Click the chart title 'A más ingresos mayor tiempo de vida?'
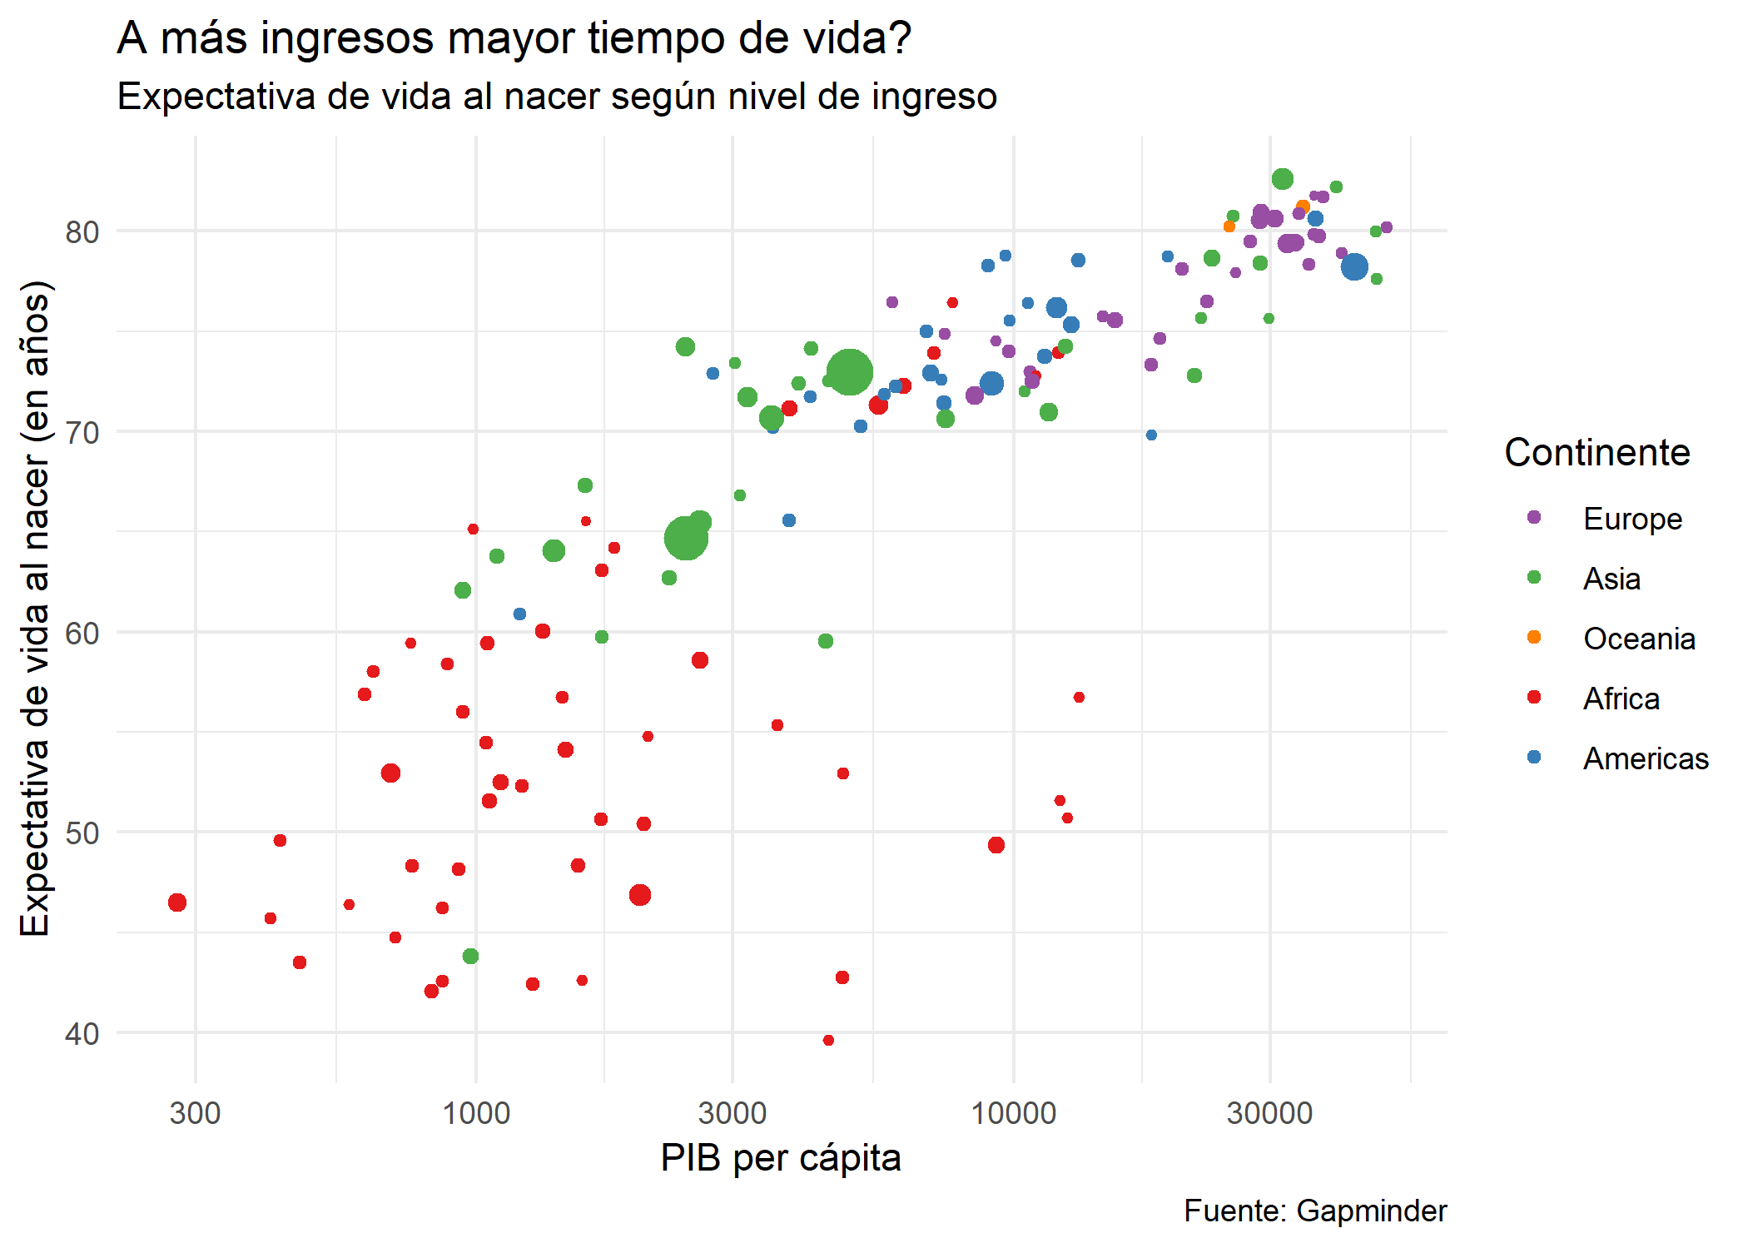pos(514,38)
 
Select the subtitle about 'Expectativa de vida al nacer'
pos(557,97)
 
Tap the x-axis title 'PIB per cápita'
pos(780,1157)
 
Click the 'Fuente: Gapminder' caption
pos(1314,1211)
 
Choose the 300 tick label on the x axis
pos(195,1113)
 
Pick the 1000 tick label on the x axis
pos(475,1113)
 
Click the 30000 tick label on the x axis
pos(1269,1113)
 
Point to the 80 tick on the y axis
pos(82,232)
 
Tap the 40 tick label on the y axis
pos(82,1034)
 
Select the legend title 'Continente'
pos(1597,453)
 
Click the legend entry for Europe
pos(1631,519)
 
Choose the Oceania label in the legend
pos(1638,639)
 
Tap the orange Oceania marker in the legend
pos(1534,638)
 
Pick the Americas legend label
pos(1645,758)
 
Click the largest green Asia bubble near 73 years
pos(849,372)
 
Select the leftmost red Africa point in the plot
pos(177,902)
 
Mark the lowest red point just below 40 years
pos(828,1040)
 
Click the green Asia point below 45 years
pos(470,956)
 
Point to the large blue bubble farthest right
pos(1354,267)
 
